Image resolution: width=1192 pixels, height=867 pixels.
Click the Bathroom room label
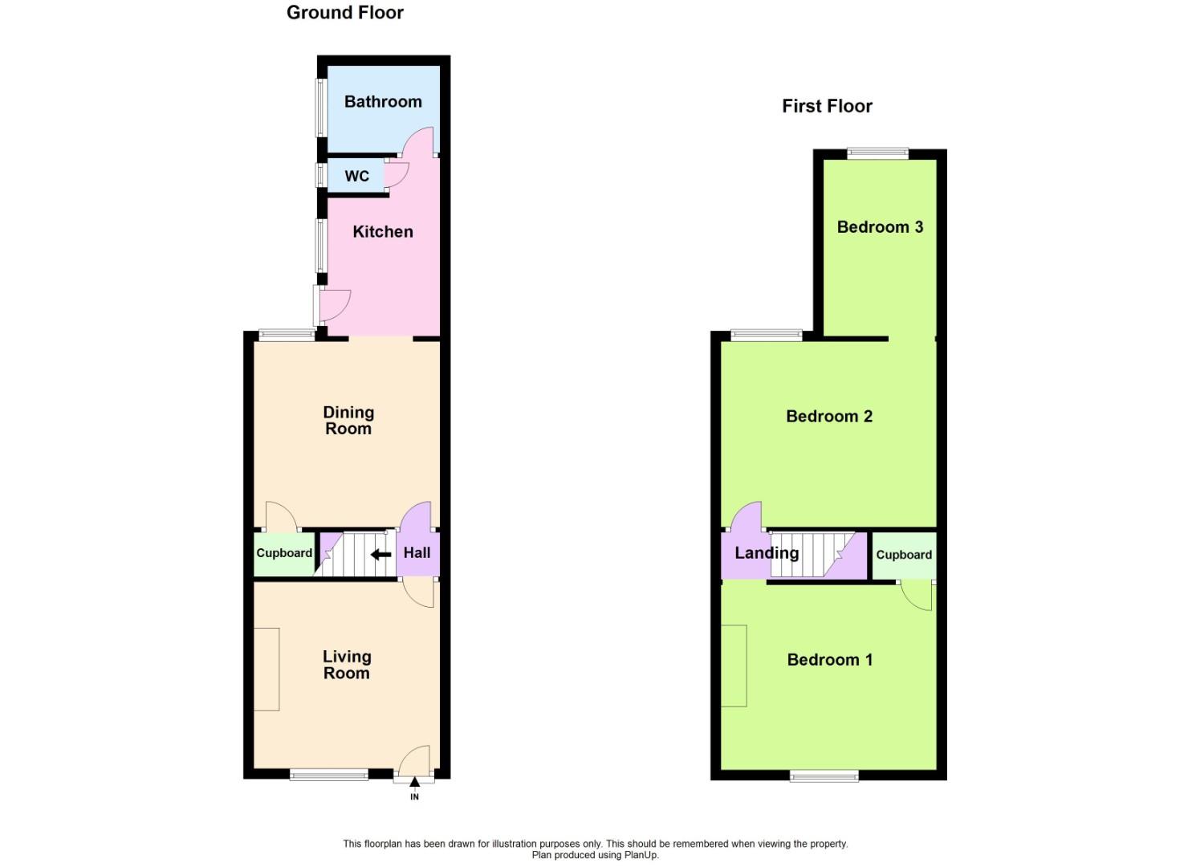[x=383, y=102]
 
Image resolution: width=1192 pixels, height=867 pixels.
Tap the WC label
[x=357, y=176]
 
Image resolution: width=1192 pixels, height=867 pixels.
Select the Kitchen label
[x=383, y=232]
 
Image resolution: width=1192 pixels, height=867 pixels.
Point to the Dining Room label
[x=348, y=420]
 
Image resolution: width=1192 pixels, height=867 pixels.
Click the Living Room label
[x=347, y=665]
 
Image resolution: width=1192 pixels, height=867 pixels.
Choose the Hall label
[x=417, y=552]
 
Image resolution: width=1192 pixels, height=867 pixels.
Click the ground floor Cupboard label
[x=284, y=553]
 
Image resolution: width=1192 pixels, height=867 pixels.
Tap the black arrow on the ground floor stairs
[x=380, y=554]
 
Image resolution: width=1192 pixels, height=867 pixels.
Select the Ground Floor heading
[x=345, y=13]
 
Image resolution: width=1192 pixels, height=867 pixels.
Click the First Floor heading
[x=827, y=106]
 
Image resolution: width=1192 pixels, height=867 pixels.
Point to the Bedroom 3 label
[x=880, y=227]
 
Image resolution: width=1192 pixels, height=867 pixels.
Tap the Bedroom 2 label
[x=829, y=417]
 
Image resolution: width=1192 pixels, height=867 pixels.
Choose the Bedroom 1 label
[x=829, y=660]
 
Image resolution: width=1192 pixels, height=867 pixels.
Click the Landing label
[x=767, y=553]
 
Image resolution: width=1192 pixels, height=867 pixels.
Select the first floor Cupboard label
[x=904, y=555]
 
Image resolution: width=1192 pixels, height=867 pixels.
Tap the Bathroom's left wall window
[x=320, y=107]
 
